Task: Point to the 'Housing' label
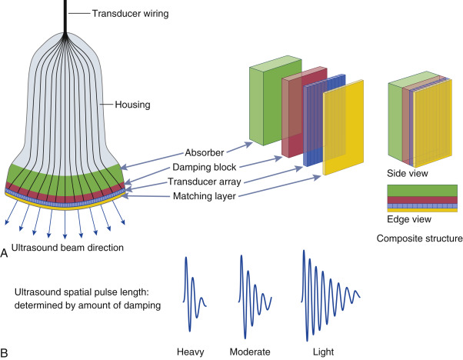pyautogui.click(x=132, y=104)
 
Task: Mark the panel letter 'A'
pyautogui.click(x=6, y=252)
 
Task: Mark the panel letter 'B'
pyautogui.click(x=6, y=352)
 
